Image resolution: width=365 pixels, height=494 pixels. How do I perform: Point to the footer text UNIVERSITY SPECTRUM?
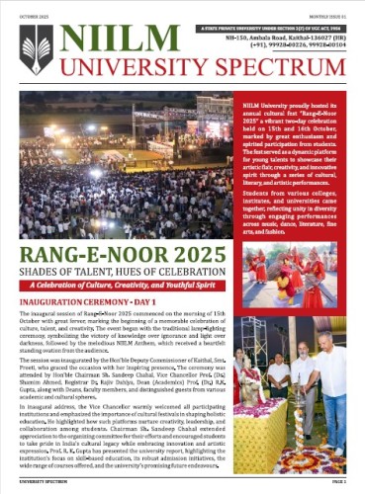[39, 485]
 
